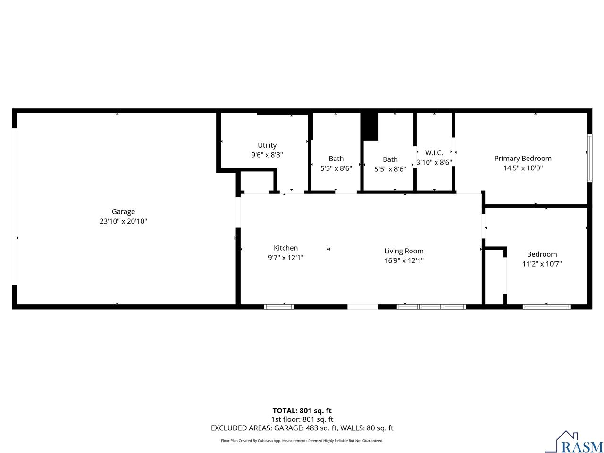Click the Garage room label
point(123,212)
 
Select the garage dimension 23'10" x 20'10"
point(123,221)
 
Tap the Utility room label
point(267,145)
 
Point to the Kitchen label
point(285,248)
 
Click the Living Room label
point(403,251)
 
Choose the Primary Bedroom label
point(523,159)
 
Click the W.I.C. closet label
point(434,152)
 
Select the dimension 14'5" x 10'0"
point(523,168)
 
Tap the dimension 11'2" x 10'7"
point(542,264)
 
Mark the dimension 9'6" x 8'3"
point(267,155)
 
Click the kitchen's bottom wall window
point(279,307)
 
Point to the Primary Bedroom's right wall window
point(589,158)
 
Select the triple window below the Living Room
point(431,307)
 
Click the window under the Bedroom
point(547,307)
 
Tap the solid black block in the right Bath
point(369,126)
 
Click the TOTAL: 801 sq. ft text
point(302,411)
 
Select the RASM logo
point(574,442)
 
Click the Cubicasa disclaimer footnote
point(302,441)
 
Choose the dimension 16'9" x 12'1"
point(403,260)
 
